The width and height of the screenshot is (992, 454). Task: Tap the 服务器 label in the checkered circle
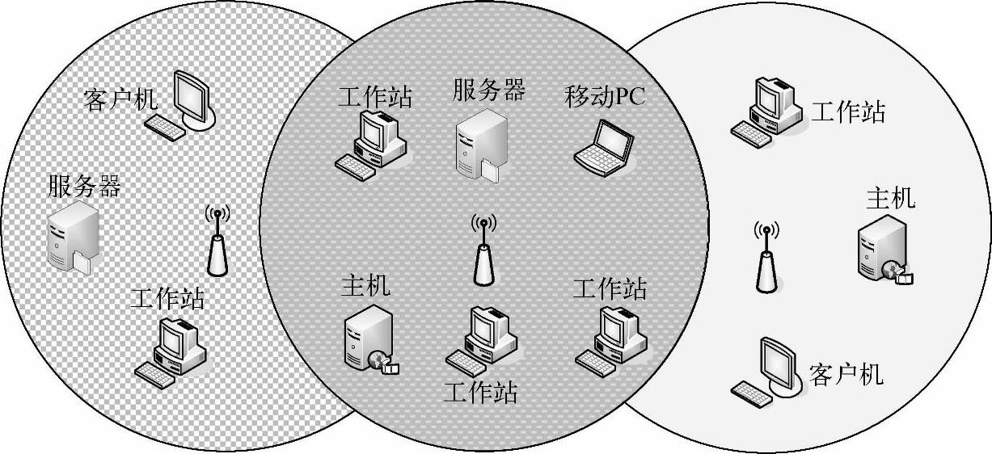pos(84,187)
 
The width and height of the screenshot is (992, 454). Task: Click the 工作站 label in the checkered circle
pos(167,299)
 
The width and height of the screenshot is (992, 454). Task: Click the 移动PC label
pos(606,97)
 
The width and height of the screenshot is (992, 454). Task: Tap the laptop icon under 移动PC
pos(605,147)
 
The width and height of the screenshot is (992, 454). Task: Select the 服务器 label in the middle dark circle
pos(488,88)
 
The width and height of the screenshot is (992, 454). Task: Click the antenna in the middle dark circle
pos(483,251)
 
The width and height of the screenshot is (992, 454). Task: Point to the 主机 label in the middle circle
pos(365,285)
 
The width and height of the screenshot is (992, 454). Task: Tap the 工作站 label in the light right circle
pos(847,111)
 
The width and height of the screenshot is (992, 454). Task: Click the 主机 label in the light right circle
pos(891,197)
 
